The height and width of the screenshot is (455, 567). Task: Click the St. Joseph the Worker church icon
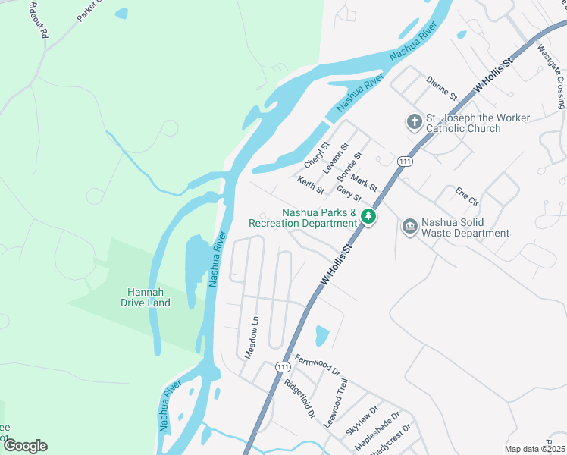[414, 121]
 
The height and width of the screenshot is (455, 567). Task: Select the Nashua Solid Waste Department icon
[410, 227]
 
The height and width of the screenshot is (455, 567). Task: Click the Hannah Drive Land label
[146, 297]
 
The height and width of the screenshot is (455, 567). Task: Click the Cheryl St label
[317, 155]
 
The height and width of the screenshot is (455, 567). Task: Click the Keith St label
[311, 184]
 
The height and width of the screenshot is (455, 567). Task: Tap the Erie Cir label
[468, 196]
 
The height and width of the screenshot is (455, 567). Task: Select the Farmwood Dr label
[318, 365]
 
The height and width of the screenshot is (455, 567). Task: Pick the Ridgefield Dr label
[299, 399]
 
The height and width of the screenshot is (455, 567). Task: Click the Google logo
[25, 446]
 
